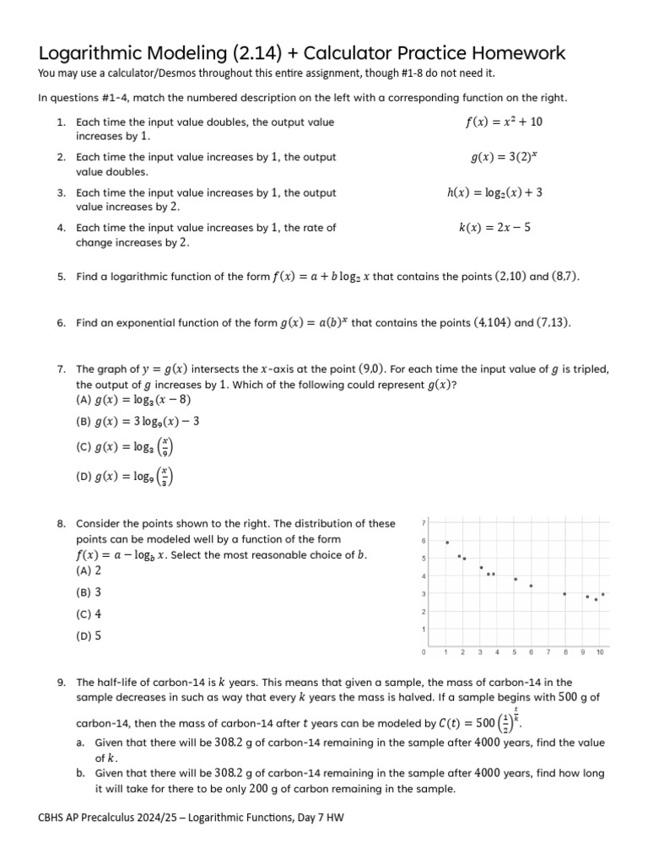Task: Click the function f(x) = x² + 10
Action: point(504,121)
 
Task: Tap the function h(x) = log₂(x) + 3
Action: point(494,192)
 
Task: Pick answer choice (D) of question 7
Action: point(125,477)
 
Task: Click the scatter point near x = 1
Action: point(447,543)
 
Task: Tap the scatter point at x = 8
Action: point(564,594)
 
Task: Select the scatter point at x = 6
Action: point(531,586)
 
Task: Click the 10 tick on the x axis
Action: point(599,652)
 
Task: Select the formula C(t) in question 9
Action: point(484,723)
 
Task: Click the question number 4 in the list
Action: point(62,228)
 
